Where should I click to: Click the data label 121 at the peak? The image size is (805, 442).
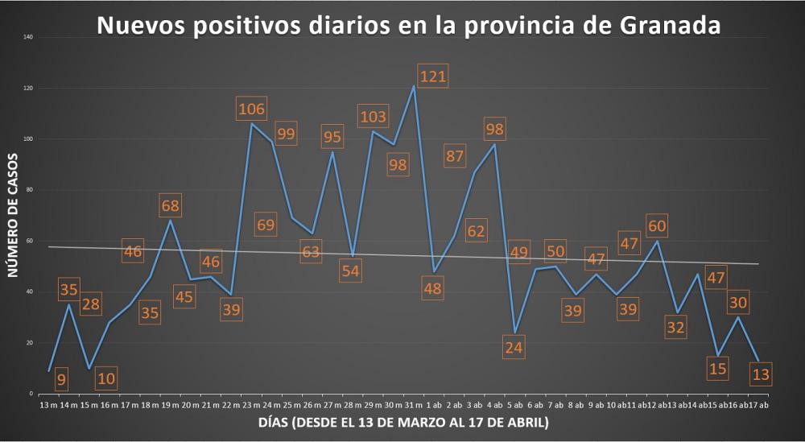(432, 77)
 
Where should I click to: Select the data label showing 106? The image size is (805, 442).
(251, 109)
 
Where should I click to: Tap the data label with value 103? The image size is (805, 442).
(374, 116)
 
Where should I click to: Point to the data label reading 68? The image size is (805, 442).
(170, 205)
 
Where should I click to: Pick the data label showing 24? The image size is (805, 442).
(513, 347)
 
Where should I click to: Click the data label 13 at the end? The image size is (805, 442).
(759, 374)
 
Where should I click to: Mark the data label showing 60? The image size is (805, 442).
(658, 225)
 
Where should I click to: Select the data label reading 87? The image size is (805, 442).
(455, 156)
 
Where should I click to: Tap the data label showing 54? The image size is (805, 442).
(350, 271)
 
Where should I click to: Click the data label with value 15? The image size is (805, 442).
(716, 369)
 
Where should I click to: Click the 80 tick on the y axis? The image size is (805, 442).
(29, 190)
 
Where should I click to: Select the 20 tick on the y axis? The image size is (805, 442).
(29, 343)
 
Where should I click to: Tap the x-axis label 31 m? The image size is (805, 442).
(413, 404)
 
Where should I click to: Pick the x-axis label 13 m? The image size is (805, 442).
(49, 404)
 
